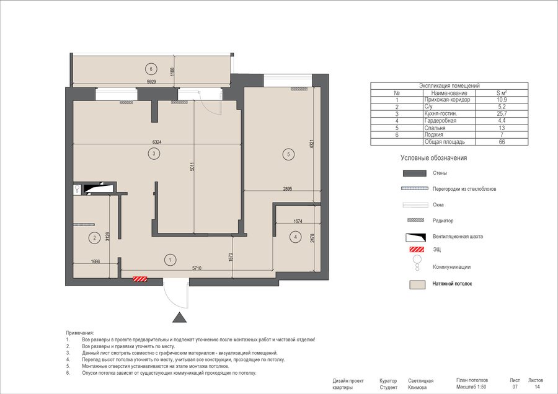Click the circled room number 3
(154, 154)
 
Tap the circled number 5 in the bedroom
(288, 154)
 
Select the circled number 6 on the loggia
(151, 69)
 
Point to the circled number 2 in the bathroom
(94, 238)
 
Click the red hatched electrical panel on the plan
(140, 279)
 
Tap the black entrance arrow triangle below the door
(179, 317)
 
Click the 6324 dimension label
(157, 142)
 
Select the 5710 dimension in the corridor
(197, 268)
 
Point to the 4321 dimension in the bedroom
(312, 144)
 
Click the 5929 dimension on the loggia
(152, 82)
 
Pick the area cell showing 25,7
(502, 114)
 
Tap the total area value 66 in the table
(502, 142)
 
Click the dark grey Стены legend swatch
(415, 173)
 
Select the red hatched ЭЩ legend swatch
(417, 249)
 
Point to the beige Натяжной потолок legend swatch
(417, 284)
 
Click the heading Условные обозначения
(433, 158)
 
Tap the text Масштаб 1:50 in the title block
(471, 387)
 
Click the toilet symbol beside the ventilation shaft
(77, 189)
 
